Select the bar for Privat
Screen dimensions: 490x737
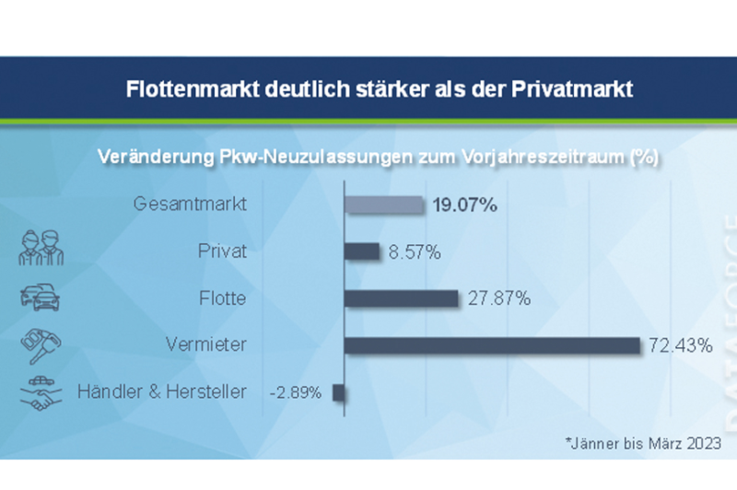pyautogui.click(x=362, y=251)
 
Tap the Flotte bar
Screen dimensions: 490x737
pyautogui.click(x=401, y=298)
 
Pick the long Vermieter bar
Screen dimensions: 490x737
pyautogui.click(x=492, y=345)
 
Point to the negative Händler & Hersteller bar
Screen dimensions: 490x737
pyautogui.click(x=338, y=392)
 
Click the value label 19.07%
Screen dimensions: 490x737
pyautogui.click(x=465, y=204)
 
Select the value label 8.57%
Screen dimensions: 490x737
pyautogui.click(x=414, y=251)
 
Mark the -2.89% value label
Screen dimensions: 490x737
pyautogui.click(x=296, y=393)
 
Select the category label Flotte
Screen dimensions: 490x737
pyautogui.click(x=222, y=298)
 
